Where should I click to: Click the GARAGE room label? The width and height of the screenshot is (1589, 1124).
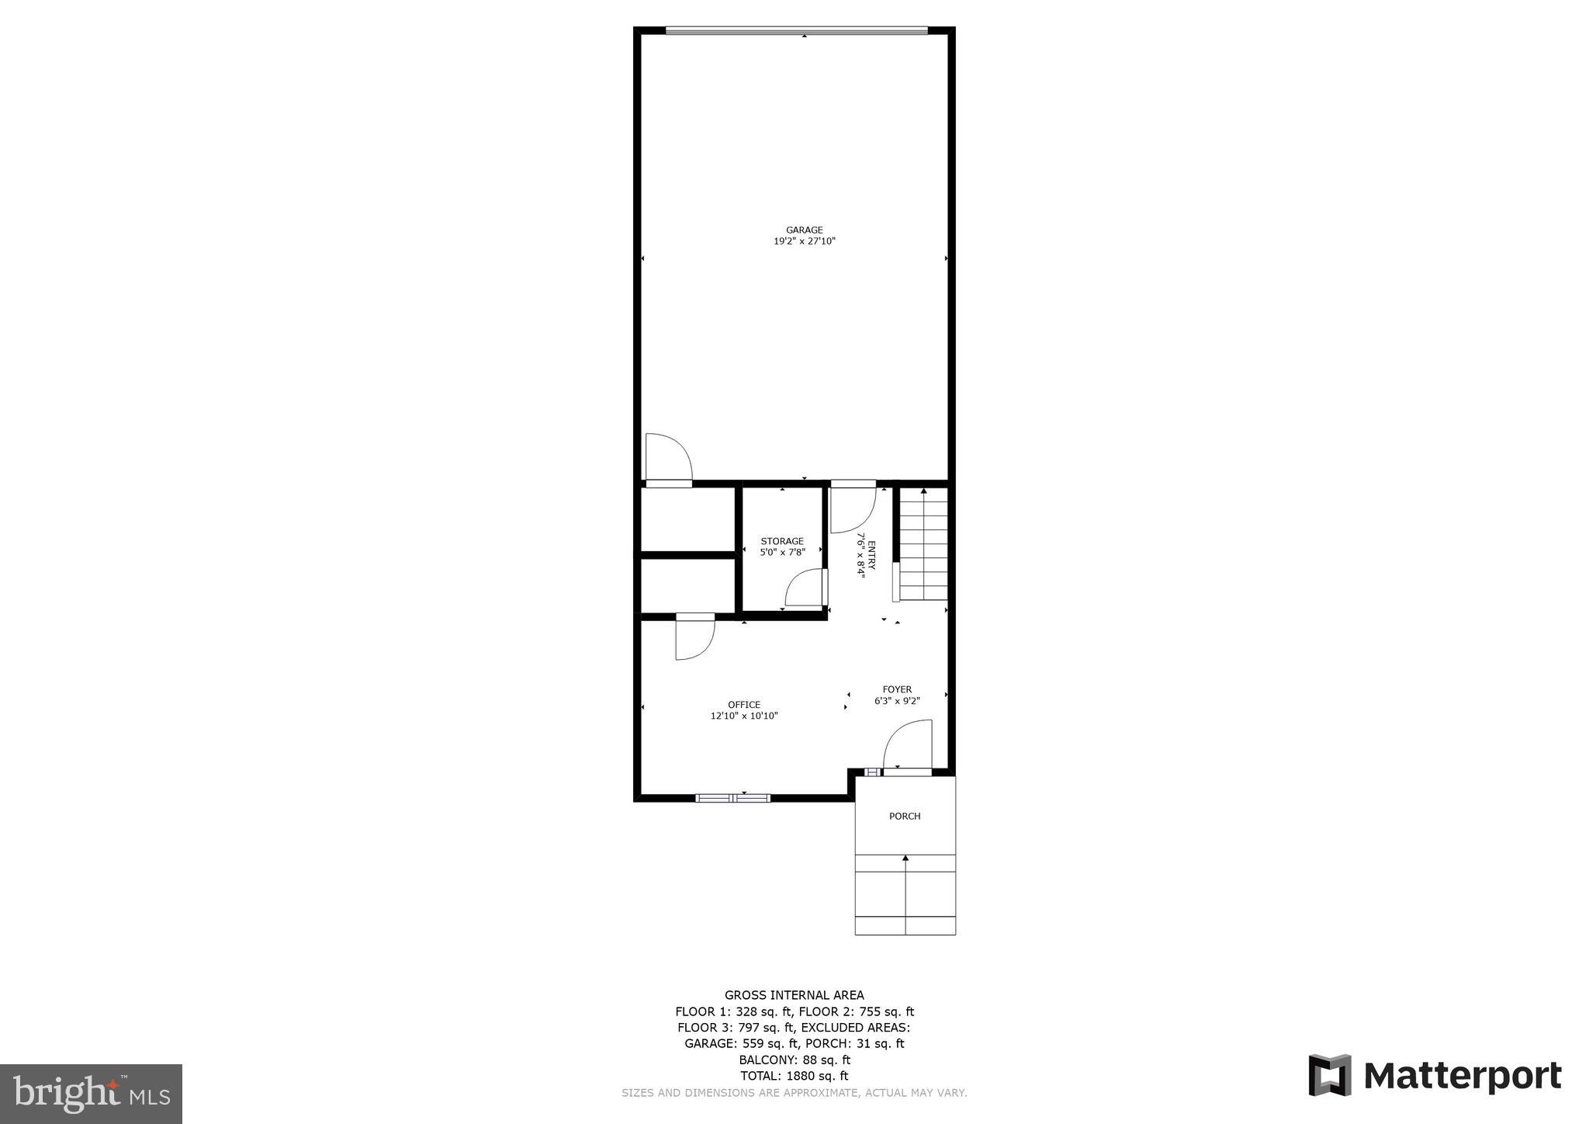click(804, 230)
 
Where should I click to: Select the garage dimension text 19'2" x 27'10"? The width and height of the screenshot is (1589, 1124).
click(804, 241)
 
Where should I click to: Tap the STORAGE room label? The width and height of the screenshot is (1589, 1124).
click(782, 541)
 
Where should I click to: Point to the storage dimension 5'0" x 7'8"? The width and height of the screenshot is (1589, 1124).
click(782, 553)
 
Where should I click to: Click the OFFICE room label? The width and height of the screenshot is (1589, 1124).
click(744, 705)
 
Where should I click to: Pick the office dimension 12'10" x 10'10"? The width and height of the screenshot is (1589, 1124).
click(744, 716)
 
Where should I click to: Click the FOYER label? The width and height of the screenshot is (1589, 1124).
click(897, 689)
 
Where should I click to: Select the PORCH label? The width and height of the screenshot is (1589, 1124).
click(905, 816)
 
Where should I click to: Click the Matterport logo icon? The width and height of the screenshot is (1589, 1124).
click(1330, 1075)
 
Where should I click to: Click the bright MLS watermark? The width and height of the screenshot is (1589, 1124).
click(92, 1095)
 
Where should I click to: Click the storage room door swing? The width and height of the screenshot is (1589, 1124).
click(805, 588)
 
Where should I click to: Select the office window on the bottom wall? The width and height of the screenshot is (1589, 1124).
click(732, 798)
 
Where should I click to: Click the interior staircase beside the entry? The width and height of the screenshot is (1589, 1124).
click(923, 543)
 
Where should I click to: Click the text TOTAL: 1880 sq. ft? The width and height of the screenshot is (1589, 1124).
click(794, 1076)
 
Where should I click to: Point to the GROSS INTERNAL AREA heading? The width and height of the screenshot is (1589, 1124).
click(794, 995)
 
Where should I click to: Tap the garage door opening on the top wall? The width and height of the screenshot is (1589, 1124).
click(796, 31)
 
